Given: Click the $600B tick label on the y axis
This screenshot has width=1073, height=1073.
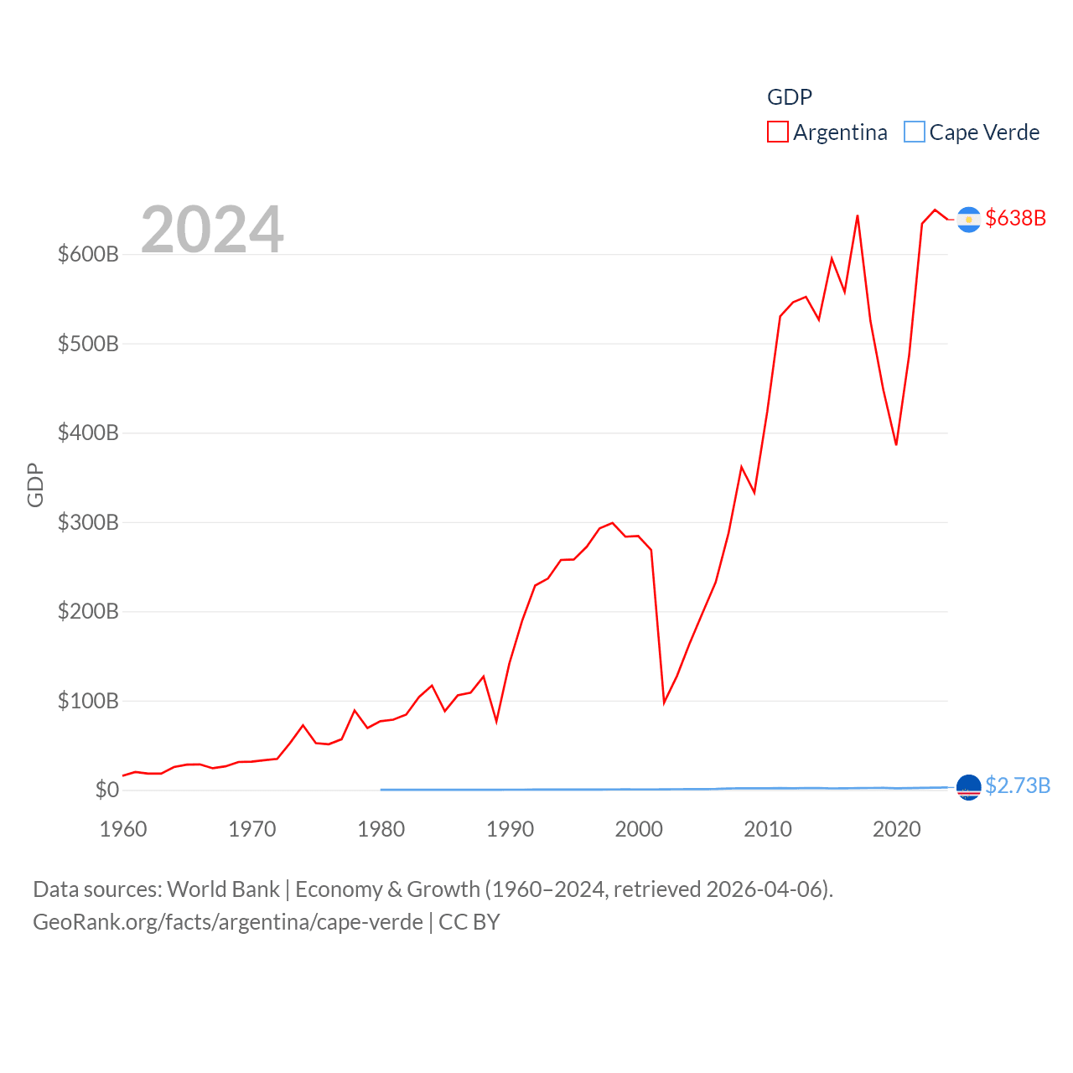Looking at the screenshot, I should (88, 254).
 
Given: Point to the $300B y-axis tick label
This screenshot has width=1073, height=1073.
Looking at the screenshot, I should (88, 522).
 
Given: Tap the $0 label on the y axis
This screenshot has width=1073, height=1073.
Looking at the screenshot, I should (107, 790).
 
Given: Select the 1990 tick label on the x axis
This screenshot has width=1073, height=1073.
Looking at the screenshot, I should (510, 829).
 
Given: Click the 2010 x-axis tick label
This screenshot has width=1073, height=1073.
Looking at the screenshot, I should (768, 829).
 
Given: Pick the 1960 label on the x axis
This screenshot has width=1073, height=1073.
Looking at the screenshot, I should (123, 829).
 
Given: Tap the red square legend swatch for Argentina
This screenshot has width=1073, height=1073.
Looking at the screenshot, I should (778, 132).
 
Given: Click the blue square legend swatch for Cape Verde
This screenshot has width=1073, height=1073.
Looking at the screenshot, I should (915, 132).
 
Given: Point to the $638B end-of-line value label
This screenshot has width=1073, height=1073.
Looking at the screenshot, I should (1016, 218).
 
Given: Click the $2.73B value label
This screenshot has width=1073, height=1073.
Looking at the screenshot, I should (1018, 785).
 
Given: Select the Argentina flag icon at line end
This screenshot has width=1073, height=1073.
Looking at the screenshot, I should (969, 219).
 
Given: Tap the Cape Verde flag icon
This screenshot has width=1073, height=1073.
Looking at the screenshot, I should (969, 787).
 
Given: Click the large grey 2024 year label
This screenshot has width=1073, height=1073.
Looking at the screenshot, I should (212, 229).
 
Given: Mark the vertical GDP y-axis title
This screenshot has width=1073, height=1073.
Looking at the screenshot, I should (35, 485).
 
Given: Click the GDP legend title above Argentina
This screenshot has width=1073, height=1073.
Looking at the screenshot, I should (790, 97).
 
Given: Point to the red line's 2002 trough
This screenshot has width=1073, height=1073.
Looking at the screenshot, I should (664, 702).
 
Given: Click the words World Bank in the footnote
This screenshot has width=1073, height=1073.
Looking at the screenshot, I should (223, 889).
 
